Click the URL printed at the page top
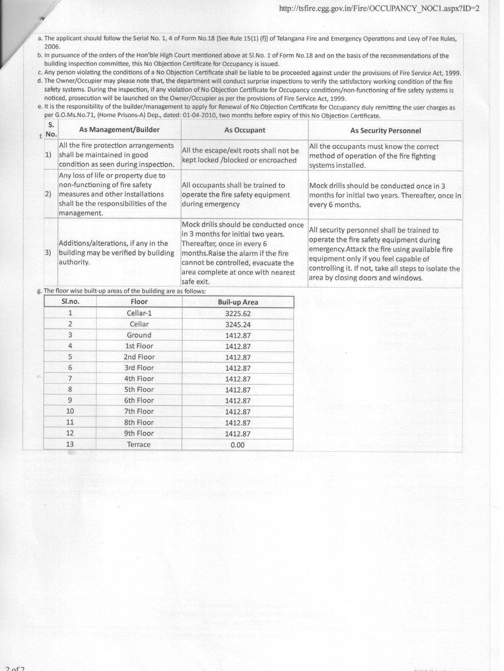(379, 8)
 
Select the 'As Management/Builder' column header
(119, 130)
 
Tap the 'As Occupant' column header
(245, 130)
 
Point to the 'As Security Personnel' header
(385, 131)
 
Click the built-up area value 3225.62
(238, 314)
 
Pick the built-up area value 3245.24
(238, 324)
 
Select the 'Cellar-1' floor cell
(139, 313)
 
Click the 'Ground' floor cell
(139, 335)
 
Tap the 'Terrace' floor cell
(139, 444)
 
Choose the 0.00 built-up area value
(238, 445)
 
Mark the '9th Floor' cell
(139, 433)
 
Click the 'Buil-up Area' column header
(238, 302)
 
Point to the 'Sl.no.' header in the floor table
(70, 301)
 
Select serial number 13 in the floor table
(70, 444)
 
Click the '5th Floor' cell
(139, 389)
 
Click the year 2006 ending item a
(52, 47)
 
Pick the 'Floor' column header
(139, 301)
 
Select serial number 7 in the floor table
(70, 378)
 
